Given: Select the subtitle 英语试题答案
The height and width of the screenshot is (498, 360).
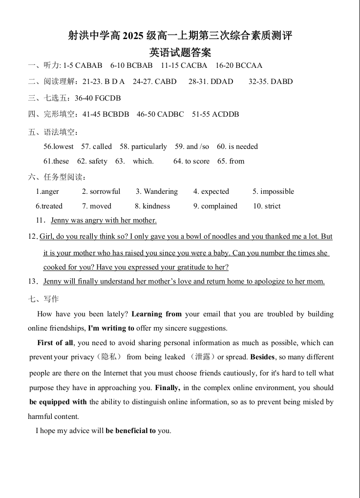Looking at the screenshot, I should [180, 52].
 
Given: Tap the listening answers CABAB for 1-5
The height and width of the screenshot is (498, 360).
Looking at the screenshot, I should [89, 65].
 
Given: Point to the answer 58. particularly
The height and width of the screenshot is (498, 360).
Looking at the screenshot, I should [143, 146].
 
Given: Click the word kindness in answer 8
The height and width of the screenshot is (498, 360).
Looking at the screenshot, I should [156, 206].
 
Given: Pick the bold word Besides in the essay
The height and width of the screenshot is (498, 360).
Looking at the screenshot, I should [263, 357].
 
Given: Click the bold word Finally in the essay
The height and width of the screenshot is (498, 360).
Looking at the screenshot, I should [168, 388].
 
